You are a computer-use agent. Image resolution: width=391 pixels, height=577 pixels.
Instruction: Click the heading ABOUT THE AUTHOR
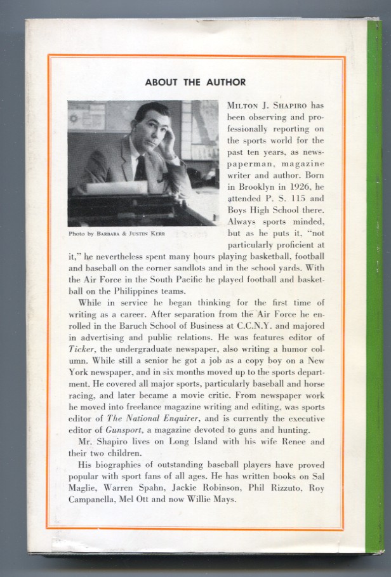(195, 82)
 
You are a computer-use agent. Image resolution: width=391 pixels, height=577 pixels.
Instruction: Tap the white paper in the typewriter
(117, 188)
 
